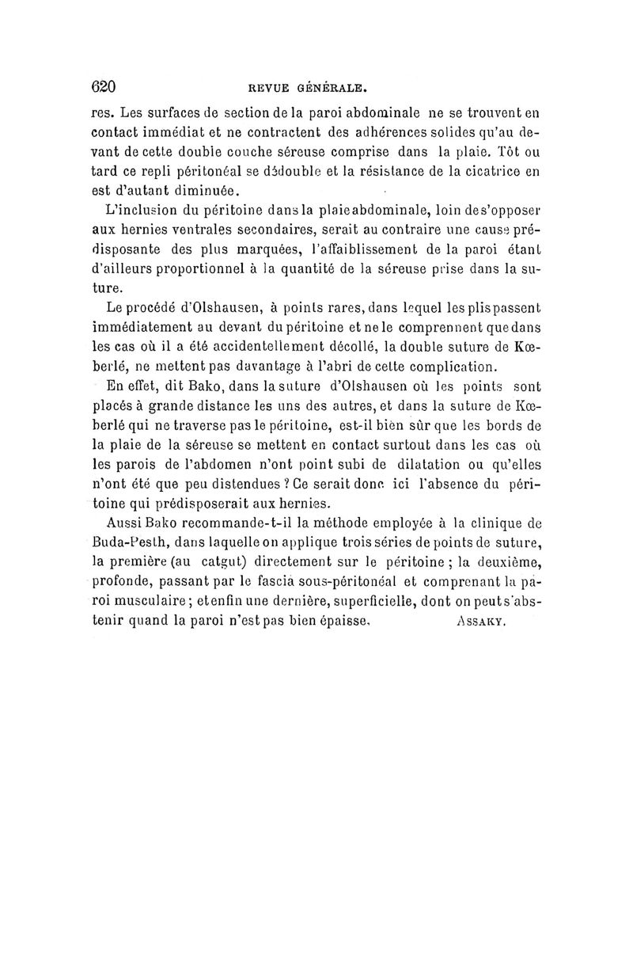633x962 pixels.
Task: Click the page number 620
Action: point(104,86)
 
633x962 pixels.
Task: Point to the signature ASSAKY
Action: point(482,622)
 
